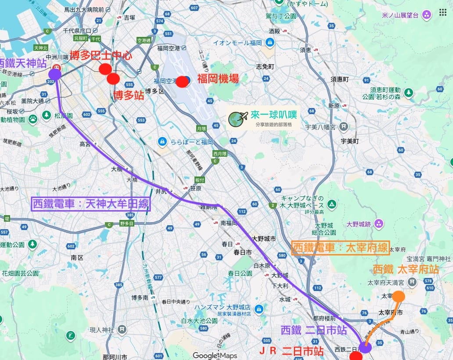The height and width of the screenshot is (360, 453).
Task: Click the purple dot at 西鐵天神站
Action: tap(55, 74)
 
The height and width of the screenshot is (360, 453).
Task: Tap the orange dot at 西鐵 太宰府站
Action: tap(398, 296)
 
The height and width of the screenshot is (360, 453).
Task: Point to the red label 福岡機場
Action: tap(218, 79)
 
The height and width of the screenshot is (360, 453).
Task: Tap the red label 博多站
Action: tap(129, 95)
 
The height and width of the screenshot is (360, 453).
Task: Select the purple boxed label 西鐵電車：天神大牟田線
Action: tap(91, 204)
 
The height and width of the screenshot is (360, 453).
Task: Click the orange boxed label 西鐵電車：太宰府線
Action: tap(340, 248)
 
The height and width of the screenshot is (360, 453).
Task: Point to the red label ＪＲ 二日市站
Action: tap(291, 351)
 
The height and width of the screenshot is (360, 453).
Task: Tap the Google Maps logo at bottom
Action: tap(215, 355)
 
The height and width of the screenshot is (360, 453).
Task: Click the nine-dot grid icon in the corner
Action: tap(442, 12)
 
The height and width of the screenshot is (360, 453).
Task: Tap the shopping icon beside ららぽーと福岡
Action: tap(162, 142)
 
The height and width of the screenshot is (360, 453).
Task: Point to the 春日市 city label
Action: tap(242, 252)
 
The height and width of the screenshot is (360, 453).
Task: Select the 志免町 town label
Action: tap(265, 67)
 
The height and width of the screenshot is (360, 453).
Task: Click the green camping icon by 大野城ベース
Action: tap(332, 204)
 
